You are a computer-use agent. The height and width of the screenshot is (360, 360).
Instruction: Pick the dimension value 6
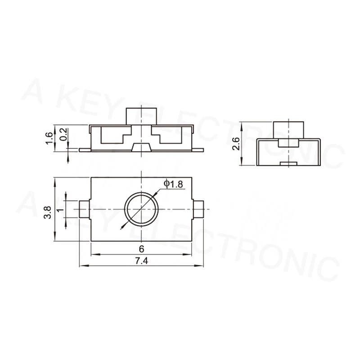(141, 249)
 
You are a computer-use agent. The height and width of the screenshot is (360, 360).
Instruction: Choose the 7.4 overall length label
(141, 261)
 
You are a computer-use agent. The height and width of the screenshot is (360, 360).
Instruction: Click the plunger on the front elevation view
(141, 116)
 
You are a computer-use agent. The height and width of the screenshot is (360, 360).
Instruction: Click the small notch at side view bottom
(288, 163)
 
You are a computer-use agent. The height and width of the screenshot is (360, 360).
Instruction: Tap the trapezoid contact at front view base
(142, 147)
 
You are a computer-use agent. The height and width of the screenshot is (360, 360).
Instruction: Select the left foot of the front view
(85, 149)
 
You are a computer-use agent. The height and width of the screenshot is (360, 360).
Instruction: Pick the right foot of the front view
(199, 149)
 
